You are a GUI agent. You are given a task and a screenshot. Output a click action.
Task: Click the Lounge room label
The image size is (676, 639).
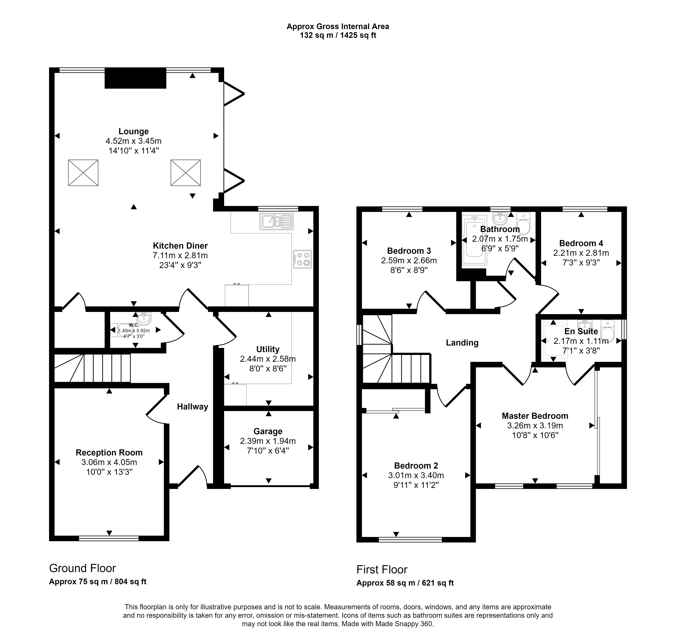[133, 131]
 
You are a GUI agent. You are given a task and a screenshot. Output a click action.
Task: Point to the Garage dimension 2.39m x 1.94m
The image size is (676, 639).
[268, 441]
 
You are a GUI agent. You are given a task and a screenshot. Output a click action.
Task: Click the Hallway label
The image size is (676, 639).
[192, 407]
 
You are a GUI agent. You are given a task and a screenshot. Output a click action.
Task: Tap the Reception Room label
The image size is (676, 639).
[109, 453]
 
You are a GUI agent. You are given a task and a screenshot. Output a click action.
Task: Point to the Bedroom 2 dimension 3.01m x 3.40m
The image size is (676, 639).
[416, 476]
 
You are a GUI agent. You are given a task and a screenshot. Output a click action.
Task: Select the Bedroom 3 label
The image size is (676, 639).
[409, 251]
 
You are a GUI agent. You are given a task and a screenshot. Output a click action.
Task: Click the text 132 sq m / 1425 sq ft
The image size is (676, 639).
[338, 35]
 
